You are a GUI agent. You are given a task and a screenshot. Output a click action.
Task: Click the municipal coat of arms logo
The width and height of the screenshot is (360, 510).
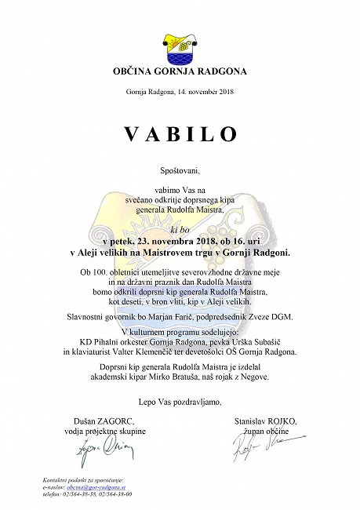click(x=180, y=46)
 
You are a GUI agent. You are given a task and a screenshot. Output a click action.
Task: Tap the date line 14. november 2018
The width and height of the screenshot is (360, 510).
click(x=180, y=92)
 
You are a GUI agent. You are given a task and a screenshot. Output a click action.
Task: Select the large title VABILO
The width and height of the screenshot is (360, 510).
click(x=180, y=133)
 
